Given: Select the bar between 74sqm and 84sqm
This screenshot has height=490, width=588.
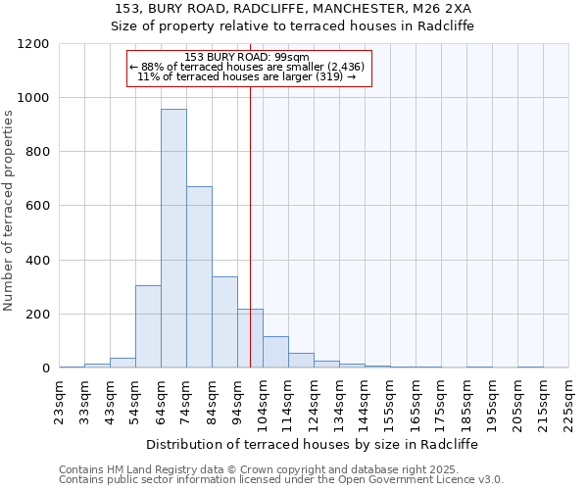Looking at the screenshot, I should point(199,276).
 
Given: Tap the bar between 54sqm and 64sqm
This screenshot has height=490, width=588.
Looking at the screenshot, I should point(148,326).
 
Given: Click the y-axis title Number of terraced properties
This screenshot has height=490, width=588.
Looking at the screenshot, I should point(9,211).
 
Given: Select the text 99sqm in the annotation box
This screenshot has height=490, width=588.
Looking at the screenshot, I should point(292,57).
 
